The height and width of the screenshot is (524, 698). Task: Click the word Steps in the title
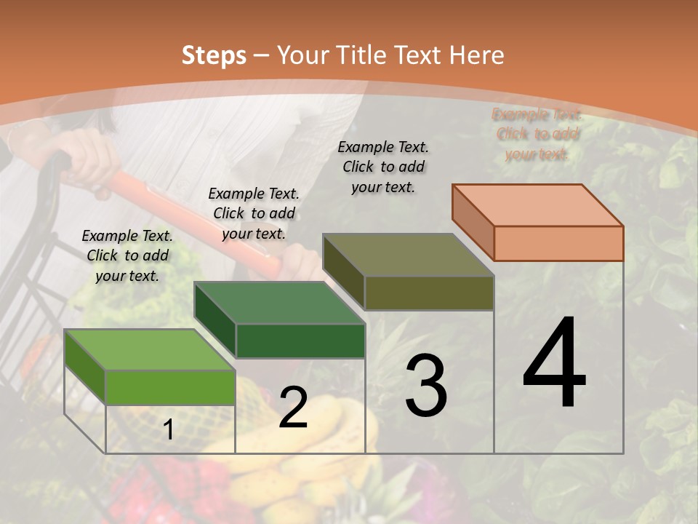pyautogui.click(x=214, y=55)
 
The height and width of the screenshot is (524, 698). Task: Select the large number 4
pyautogui.click(x=554, y=364)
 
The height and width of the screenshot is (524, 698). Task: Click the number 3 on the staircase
pyautogui.click(x=426, y=386)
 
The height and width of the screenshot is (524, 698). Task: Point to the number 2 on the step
pyautogui.click(x=293, y=408)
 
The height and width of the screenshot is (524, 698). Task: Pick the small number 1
pyautogui.click(x=169, y=430)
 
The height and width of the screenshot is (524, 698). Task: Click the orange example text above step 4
pyautogui.click(x=537, y=134)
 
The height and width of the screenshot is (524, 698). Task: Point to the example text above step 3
pyautogui.click(x=383, y=167)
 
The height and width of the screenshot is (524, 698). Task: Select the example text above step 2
pyautogui.click(x=254, y=213)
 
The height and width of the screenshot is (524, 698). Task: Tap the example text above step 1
pyautogui.click(x=127, y=255)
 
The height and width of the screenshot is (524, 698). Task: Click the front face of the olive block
pyautogui.click(x=429, y=293)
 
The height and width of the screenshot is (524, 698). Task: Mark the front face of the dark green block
pyautogui.click(x=300, y=341)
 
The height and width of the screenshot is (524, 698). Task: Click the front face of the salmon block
pyautogui.click(x=558, y=243)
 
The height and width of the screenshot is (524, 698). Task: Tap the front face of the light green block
pyautogui.click(x=170, y=387)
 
